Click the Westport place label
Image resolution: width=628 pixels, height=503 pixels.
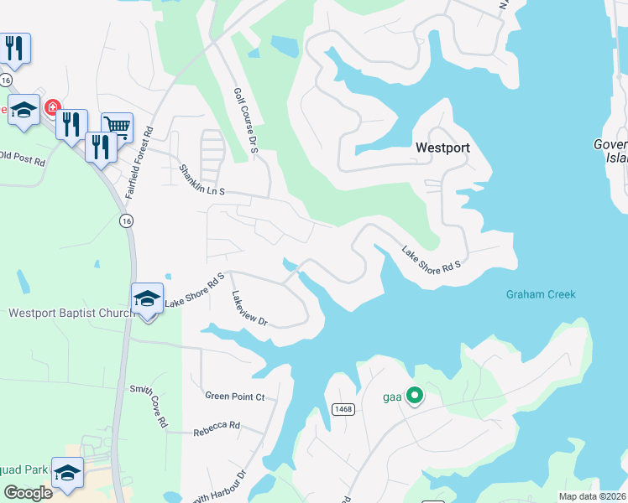(442, 147)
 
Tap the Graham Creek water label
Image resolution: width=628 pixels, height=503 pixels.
(540, 294)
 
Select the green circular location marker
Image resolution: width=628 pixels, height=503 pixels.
(414, 395)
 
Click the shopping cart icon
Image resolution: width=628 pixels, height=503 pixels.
(118, 127)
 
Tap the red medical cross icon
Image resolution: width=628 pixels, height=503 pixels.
(52, 109)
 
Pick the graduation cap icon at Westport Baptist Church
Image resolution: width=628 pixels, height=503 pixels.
(147, 298)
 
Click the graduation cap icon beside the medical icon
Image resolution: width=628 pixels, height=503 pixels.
(24, 110)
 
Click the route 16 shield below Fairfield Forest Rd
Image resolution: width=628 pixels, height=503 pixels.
(126, 220)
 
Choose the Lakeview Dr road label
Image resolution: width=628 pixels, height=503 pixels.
(249, 309)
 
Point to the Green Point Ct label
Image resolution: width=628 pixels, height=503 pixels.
(234, 396)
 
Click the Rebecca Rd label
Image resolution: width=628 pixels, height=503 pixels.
(217, 426)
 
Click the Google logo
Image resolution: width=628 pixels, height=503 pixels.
(29, 492)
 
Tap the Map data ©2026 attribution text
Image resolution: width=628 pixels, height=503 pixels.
(591, 496)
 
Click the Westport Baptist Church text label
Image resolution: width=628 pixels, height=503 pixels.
(71, 314)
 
